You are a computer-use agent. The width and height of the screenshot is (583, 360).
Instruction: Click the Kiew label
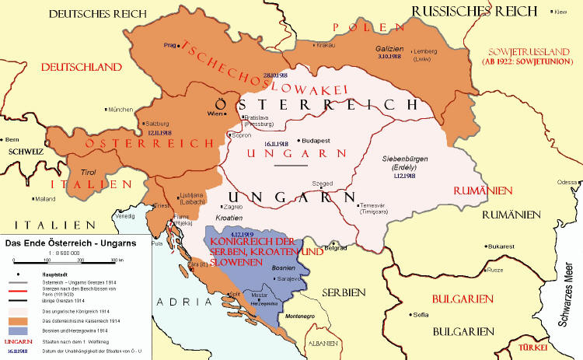[560, 12]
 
